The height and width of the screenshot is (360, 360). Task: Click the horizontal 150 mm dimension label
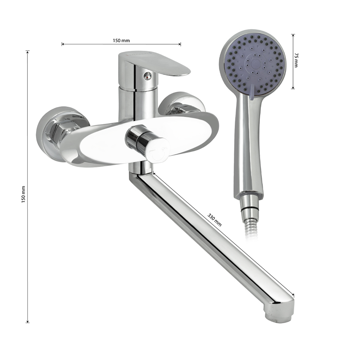click(121, 41)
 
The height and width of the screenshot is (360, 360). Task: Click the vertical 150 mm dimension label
click(23, 194)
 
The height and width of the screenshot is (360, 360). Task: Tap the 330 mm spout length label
click(215, 220)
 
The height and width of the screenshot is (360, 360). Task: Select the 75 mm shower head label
click(296, 60)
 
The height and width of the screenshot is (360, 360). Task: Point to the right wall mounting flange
click(181, 104)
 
